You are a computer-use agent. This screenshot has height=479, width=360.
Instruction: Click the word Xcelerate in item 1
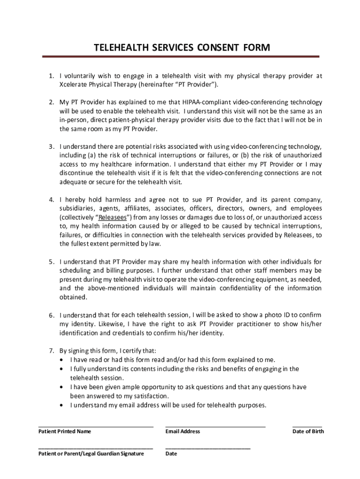(x=75, y=85)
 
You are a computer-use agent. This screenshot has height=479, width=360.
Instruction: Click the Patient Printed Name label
(x=65, y=431)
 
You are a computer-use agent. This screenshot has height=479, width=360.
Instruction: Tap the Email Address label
(x=183, y=431)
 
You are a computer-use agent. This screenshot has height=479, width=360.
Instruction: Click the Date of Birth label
(x=308, y=431)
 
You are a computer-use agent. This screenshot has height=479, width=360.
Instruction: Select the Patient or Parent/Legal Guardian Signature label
(x=91, y=454)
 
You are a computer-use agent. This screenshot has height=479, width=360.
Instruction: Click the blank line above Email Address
(x=216, y=426)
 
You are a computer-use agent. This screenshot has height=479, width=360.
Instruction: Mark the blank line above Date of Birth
(x=307, y=426)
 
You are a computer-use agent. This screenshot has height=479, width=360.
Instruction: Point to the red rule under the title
(x=181, y=57)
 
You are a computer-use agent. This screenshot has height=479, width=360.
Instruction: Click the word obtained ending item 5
(x=73, y=298)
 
